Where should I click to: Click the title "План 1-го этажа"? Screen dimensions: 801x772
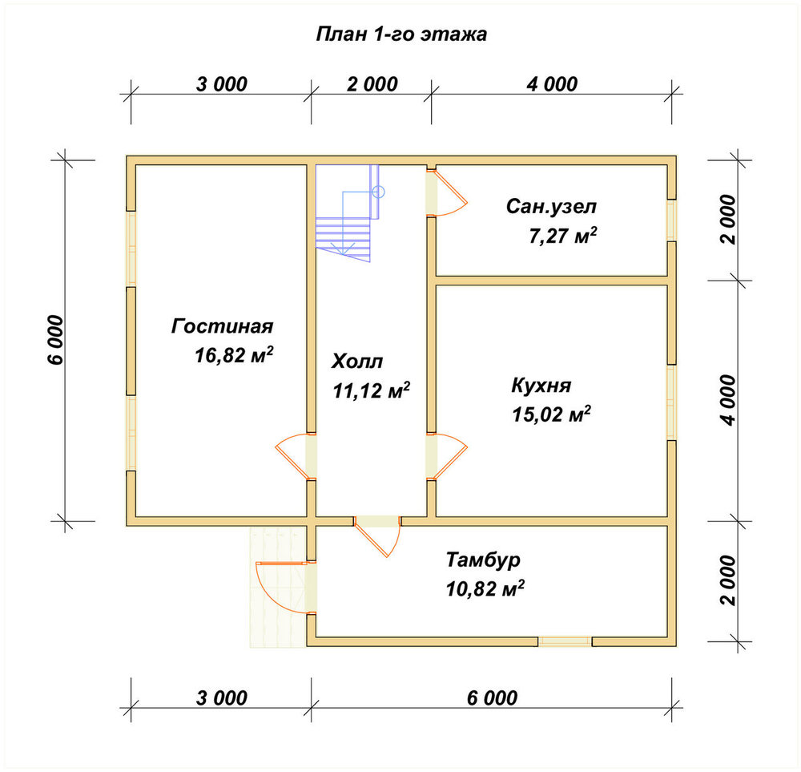401,34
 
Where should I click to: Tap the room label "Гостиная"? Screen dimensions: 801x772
222,326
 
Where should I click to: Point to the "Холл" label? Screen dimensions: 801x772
357,362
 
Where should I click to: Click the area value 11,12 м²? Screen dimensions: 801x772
372,390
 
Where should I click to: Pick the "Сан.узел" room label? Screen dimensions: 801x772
551,207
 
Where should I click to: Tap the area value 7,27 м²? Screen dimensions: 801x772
563,236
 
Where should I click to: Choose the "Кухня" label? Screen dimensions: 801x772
541,385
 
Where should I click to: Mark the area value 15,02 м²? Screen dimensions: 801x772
552,414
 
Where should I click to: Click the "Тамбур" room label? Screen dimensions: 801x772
483,560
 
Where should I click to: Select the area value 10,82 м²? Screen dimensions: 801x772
485,588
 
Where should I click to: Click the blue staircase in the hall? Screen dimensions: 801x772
348,213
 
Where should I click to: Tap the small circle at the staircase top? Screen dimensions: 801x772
379,192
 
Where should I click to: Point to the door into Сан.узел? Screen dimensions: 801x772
447,192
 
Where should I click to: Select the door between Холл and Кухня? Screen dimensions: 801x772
446,457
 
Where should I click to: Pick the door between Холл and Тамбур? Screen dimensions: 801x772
377,536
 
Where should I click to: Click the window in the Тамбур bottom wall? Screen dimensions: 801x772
565,641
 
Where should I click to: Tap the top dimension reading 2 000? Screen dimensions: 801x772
372,84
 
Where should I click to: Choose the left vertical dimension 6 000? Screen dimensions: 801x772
56,340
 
